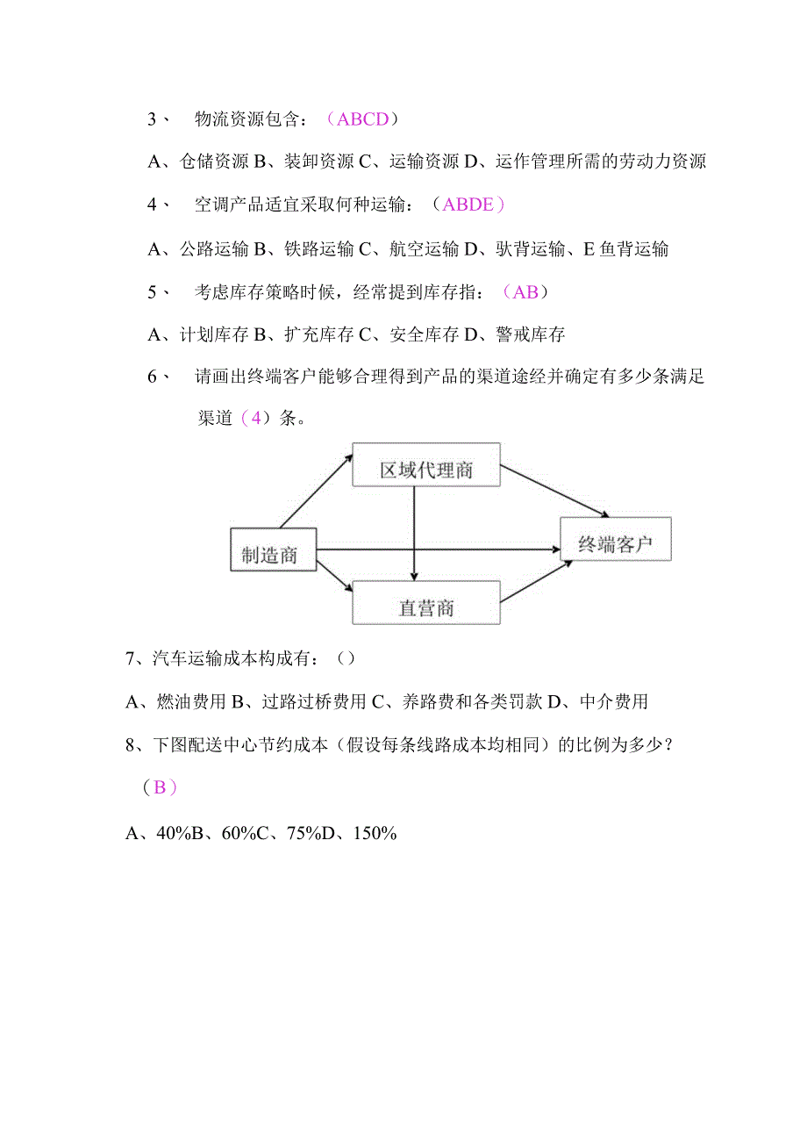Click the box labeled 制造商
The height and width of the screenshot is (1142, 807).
272,549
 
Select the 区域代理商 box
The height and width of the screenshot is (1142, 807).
425,464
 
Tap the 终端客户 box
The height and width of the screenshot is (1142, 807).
616,538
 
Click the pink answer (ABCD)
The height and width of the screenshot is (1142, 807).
362,119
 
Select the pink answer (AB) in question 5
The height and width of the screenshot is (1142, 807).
525,292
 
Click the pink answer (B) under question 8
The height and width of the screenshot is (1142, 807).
160,787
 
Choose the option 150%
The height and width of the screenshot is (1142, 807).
375,833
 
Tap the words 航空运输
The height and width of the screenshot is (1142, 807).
424,249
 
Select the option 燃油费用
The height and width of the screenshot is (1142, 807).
189,701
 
